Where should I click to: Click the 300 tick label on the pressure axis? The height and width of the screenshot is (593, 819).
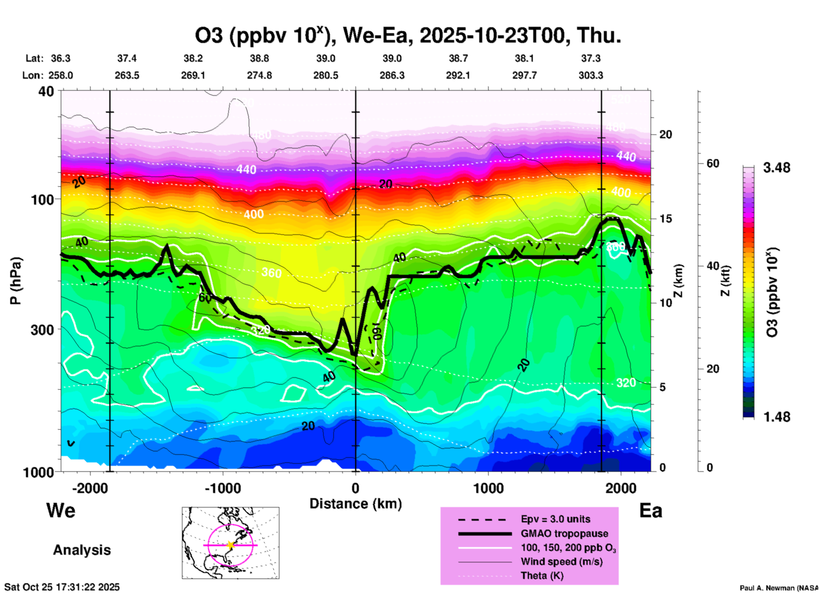42,330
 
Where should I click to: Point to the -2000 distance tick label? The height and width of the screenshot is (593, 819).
90,488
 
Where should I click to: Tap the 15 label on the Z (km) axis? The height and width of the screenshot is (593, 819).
665,219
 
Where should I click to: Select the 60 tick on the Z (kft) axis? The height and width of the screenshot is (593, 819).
713,163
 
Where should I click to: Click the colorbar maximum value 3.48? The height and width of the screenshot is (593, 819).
776,168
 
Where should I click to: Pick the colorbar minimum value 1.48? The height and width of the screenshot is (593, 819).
776,417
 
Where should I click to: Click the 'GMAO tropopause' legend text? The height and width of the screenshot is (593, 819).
564,533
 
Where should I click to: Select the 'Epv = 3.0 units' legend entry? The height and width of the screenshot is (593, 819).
555,519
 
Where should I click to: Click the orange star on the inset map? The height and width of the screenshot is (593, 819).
230,545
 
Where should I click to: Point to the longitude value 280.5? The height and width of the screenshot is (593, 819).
326,75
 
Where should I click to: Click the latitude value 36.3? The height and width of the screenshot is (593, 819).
61,58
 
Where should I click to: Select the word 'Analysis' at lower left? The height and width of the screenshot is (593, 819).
82,550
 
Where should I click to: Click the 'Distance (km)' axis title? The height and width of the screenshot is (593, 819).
355,504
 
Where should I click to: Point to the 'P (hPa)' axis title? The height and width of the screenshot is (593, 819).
16,281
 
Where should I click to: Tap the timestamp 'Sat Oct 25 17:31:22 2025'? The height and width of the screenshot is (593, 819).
62,587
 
